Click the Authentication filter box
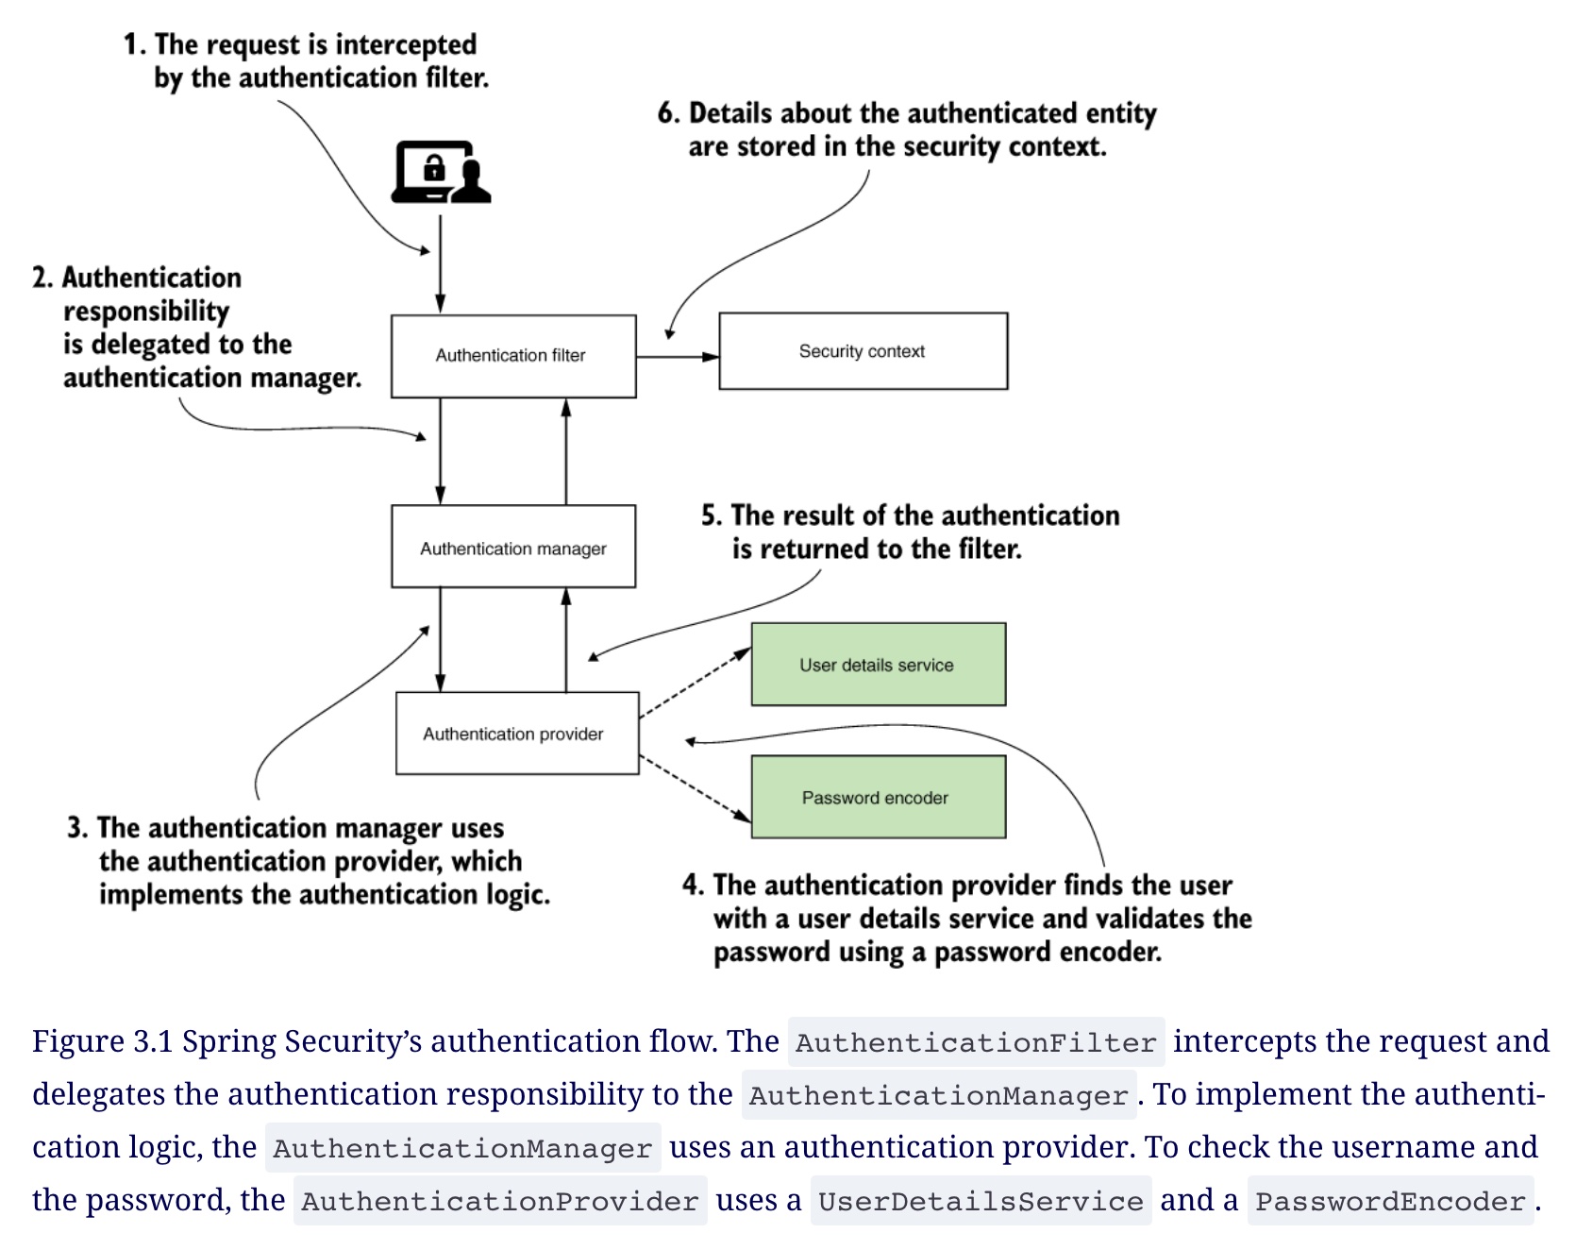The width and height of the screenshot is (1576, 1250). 513,356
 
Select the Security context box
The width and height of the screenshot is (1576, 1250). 863,351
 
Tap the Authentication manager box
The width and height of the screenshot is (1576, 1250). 513,547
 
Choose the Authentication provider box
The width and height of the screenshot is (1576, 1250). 517,734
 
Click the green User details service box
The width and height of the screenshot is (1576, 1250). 879,664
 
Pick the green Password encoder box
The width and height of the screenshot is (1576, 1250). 879,797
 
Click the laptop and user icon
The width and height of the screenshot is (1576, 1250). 442,172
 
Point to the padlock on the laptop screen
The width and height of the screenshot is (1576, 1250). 434,168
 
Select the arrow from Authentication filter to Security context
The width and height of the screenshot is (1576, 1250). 678,357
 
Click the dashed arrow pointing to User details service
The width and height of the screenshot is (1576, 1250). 696,684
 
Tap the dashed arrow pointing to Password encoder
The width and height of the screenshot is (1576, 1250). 696,787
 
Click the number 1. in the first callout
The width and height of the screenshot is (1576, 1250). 135,44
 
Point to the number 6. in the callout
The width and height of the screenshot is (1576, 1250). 669,113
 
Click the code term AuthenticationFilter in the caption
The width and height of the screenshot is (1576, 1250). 976,1042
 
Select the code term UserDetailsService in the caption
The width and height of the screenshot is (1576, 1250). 981,1201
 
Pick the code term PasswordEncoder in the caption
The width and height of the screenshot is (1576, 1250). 1390,1201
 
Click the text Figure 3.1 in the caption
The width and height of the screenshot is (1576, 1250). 103,1041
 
